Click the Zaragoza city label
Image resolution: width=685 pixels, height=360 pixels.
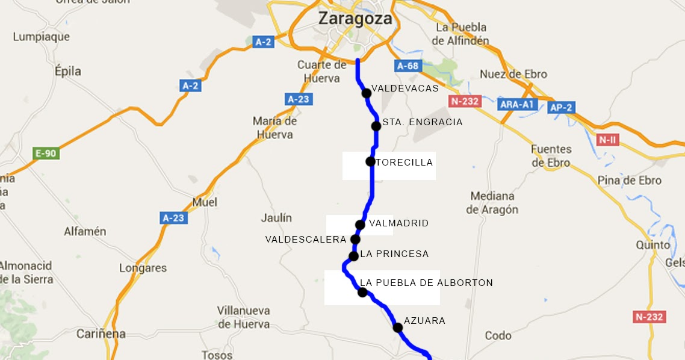click(355, 19)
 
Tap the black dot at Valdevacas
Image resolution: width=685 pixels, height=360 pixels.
click(366, 93)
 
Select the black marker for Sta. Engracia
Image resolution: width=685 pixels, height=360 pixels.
click(376, 126)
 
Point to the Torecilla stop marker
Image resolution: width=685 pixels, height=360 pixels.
click(370, 161)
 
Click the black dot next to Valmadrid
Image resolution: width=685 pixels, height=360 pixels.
click(360, 225)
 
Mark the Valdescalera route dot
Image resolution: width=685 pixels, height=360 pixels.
click(355, 239)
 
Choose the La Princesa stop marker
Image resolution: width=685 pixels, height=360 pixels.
click(353, 256)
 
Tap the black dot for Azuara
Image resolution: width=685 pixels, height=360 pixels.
click(397, 327)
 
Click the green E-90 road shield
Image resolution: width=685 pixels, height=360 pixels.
click(46, 154)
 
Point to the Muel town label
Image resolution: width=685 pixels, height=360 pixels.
click(205, 202)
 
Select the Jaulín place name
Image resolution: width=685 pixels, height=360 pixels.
click(276, 218)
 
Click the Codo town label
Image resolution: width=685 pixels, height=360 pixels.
click(498, 335)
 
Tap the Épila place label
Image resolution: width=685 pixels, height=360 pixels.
click(67, 71)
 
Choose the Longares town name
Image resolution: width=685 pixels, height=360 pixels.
click(143, 268)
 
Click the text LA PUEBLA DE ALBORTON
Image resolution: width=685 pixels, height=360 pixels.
click(426, 283)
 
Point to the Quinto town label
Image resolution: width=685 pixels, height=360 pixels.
click(653, 245)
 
